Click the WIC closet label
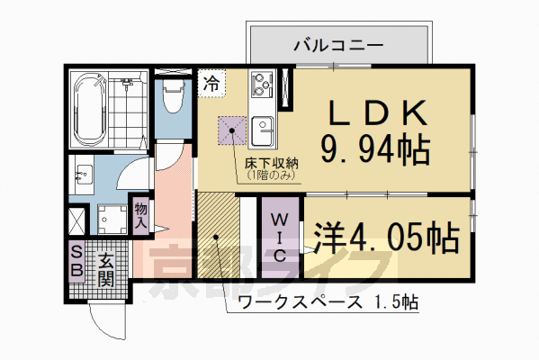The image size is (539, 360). click(281, 237)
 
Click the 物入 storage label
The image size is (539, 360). click(141, 216)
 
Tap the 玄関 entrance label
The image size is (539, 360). click(105, 266)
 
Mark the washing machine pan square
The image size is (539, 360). click(112, 219)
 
